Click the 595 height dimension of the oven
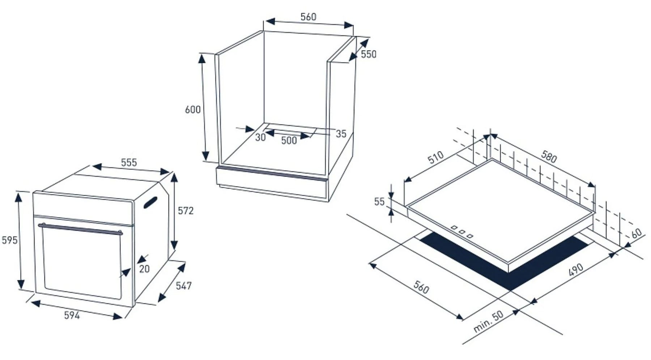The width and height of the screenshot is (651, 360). pos(9,240)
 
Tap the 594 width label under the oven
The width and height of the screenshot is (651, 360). pos(72,315)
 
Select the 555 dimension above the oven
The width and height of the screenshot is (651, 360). pos(129,162)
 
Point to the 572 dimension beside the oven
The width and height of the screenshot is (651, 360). pos(186,210)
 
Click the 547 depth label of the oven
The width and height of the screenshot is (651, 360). pos(184,286)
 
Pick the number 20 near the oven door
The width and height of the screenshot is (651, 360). pos(144,269)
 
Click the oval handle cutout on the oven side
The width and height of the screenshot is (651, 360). pos(150,203)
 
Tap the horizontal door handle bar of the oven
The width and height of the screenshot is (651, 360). pos(80,228)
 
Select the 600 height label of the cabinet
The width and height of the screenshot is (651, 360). pos(192,110)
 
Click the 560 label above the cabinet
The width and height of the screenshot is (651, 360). pos(308,17)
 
